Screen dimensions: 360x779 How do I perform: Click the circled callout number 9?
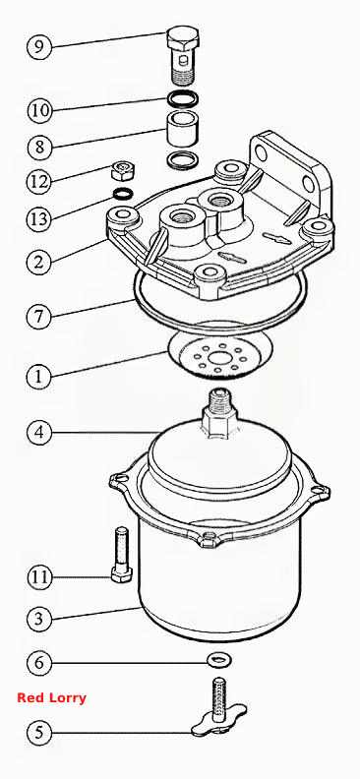pos(39,46)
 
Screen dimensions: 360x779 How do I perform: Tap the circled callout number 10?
pos(39,110)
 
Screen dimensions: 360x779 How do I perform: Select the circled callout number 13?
pos(39,218)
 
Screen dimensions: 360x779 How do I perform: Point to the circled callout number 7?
pos(39,316)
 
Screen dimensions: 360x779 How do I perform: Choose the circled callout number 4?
pos(39,432)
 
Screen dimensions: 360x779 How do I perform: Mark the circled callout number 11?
pos(39,577)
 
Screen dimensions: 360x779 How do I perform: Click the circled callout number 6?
pos(39,662)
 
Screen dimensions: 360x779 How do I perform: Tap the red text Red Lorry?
pos(52,697)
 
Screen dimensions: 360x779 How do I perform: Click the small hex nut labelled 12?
pos(122,170)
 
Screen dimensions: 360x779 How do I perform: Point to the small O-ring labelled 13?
pos(122,193)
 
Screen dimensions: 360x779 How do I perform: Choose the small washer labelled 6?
pos(219,660)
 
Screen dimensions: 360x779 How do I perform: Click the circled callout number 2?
pos(39,262)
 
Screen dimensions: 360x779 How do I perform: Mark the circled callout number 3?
pos(39,619)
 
